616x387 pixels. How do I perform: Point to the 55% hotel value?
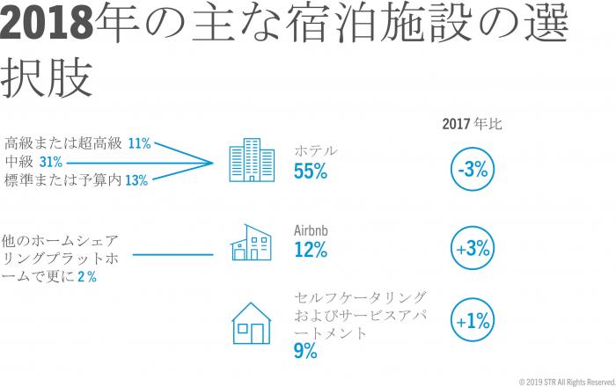(x=311, y=172)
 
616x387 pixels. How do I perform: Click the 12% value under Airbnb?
(x=310, y=251)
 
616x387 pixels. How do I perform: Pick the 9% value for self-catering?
(x=305, y=353)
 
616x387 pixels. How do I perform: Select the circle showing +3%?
(x=472, y=248)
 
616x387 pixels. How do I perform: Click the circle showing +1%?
(x=472, y=322)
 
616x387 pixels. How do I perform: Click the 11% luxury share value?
(x=139, y=142)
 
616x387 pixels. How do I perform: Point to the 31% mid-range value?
(x=50, y=162)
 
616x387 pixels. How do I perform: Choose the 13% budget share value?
(x=136, y=181)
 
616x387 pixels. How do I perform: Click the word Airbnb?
(x=311, y=230)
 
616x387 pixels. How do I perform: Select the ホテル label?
(x=315, y=151)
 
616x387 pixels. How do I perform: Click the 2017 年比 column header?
(x=472, y=124)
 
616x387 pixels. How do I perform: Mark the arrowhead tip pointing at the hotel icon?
(x=214, y=162)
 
